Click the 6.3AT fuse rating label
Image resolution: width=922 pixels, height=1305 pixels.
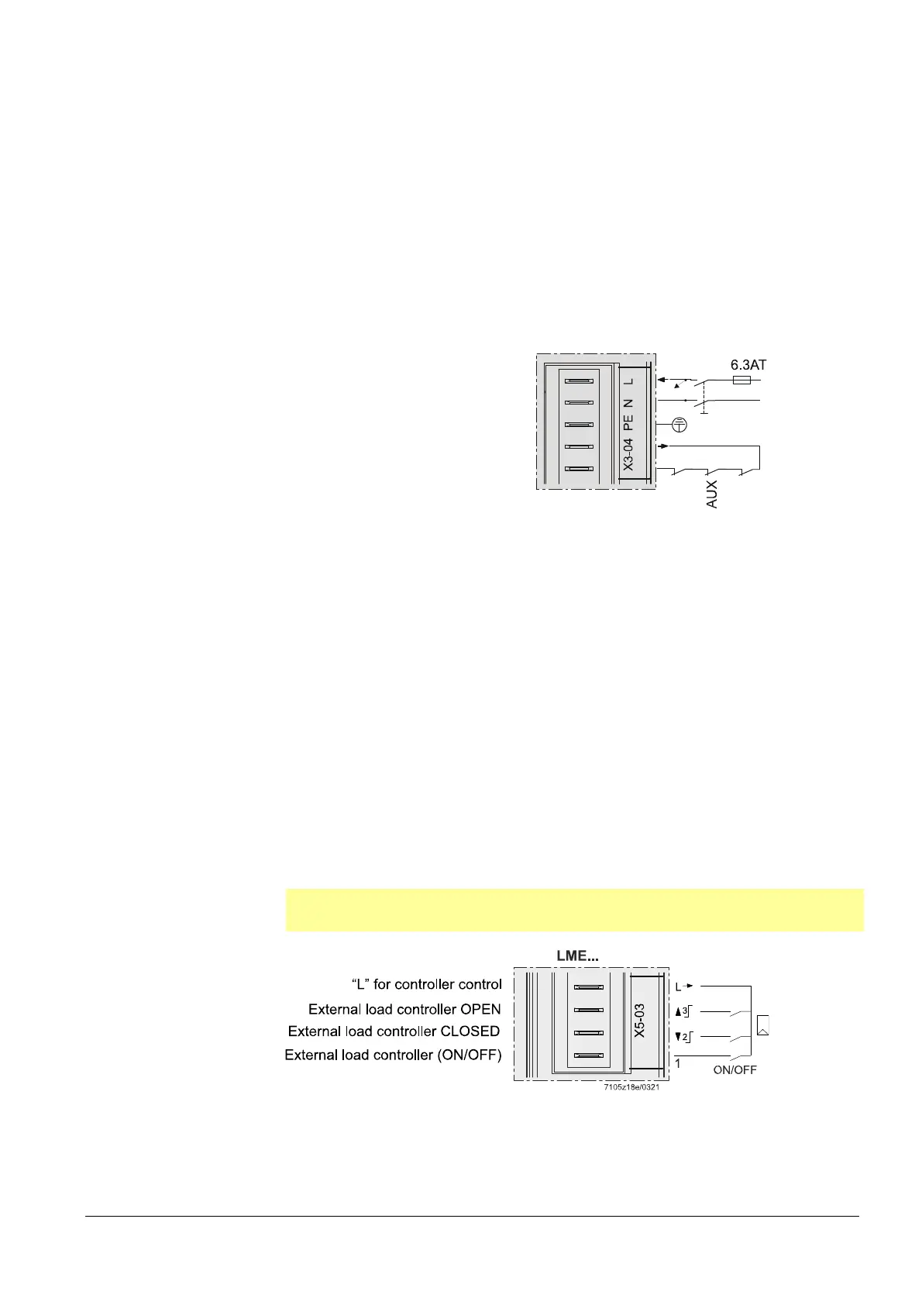[x=748, y=364]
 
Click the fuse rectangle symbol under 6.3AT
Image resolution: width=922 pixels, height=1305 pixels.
[x=741, y=380]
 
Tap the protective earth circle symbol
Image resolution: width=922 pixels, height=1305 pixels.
[x=679, y=424]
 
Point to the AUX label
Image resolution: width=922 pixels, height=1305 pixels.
[x=712, y=494]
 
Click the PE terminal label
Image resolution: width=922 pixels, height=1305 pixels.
[x=628, y=422]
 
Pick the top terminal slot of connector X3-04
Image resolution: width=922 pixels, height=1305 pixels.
[x=579, y=381]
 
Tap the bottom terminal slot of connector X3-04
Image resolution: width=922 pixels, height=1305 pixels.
[x=579, y=469]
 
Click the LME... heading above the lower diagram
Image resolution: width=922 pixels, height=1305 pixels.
[x=577, y=956]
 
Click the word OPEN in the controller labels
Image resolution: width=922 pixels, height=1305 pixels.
[x=481, y=1009]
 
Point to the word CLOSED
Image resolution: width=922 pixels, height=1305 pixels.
[x=470, y=1031]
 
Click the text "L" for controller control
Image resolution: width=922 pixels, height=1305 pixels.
[x=427, y=984]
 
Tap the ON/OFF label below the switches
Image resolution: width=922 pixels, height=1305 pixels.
[x=735, y=1070]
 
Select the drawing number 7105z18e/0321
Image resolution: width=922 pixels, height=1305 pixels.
[x=631, y=1086]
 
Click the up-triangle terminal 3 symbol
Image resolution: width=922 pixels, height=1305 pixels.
[x=683, y=1011]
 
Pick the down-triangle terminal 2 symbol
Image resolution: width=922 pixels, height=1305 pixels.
[x=683, y=1036]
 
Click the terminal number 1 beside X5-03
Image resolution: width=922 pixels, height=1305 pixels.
[x=677, y=1064]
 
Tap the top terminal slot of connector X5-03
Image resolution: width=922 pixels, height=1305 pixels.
[x=588, y=987]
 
